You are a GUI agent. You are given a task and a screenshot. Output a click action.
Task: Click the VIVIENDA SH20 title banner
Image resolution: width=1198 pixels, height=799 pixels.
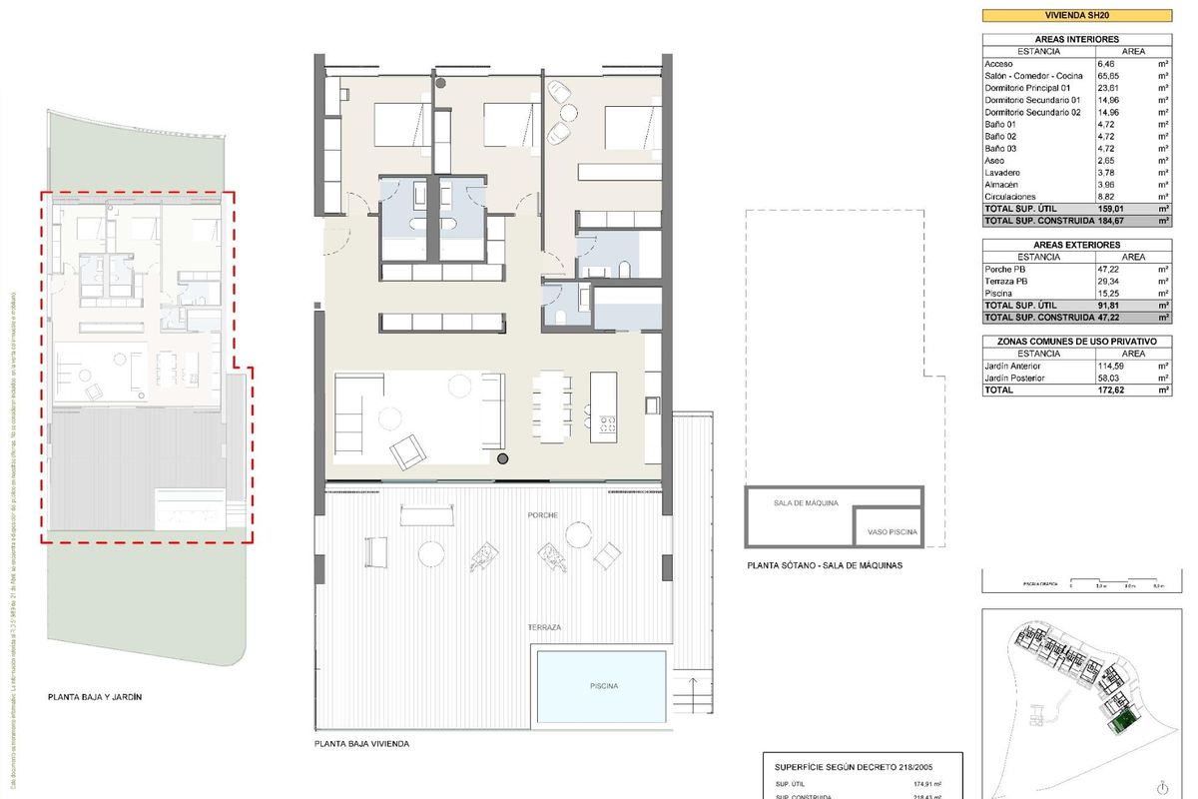pyautogui.click(x=1076, y=14)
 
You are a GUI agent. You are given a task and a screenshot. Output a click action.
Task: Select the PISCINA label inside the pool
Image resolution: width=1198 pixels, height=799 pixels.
pyautogui.click(x=602, y=686)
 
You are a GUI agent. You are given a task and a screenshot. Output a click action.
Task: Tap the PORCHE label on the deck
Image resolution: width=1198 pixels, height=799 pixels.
pyautogui.click(x=545, y=515)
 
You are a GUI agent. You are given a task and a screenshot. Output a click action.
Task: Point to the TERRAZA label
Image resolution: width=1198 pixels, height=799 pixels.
pyautogui.click(x=545, y=626)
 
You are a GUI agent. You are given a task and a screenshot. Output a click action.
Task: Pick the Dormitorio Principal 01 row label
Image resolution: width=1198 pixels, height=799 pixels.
pyautogui.click(x=1032, y=88)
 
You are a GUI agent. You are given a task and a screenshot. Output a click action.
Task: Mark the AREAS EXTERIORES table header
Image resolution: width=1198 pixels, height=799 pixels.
pyautogui.click(x=1076, y=245)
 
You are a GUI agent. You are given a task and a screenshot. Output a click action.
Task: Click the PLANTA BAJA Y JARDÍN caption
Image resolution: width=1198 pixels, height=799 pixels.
pyautogui.click(x=95, y=697)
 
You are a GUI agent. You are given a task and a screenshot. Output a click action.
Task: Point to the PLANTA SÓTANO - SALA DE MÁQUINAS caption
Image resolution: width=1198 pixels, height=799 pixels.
pyautogui.click(x=825, y=565)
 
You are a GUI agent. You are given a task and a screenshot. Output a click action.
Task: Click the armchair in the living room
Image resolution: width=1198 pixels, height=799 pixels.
pyautogui.click(x=409, y=452)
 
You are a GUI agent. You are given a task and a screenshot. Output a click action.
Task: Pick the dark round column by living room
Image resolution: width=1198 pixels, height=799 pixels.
pyautogui.click(x=503, y=458)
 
